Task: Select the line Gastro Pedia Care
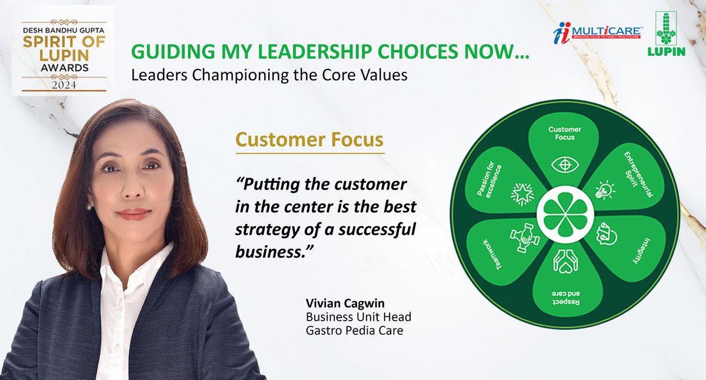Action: coord(354,331)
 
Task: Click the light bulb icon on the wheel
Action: coord(605,189)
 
